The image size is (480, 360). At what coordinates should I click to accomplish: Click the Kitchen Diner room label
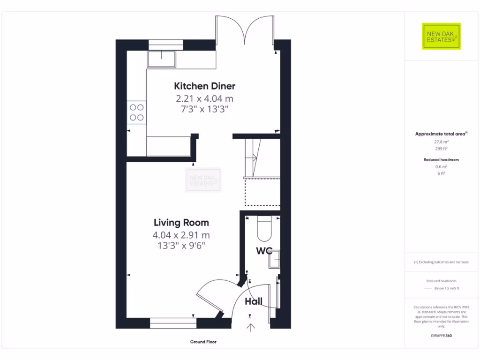coord(204,86)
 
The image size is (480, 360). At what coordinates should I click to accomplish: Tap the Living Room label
coord(181,223)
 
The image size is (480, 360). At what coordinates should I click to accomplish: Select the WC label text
coord(264,251)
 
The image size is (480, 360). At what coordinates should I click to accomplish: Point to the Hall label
coord(254,301)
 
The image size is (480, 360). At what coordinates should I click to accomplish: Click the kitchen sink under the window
coord(161,60)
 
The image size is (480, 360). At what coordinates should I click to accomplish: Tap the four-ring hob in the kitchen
coord(137,112)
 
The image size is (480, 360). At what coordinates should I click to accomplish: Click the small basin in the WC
coord(274,259)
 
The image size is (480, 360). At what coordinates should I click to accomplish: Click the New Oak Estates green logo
coord(441,36)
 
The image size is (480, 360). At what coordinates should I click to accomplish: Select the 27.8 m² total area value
coord(441,141)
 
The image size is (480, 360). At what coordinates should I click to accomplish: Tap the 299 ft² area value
coord(441,148)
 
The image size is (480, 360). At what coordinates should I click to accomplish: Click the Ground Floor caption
coord(203,342)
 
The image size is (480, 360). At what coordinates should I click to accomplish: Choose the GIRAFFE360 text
coord(441,336)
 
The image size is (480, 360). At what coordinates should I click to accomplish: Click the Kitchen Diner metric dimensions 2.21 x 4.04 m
coord(204,99)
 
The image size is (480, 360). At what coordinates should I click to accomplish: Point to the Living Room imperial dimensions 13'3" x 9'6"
coord(181,245)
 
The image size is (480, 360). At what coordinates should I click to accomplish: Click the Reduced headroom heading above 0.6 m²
coord(441,160)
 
